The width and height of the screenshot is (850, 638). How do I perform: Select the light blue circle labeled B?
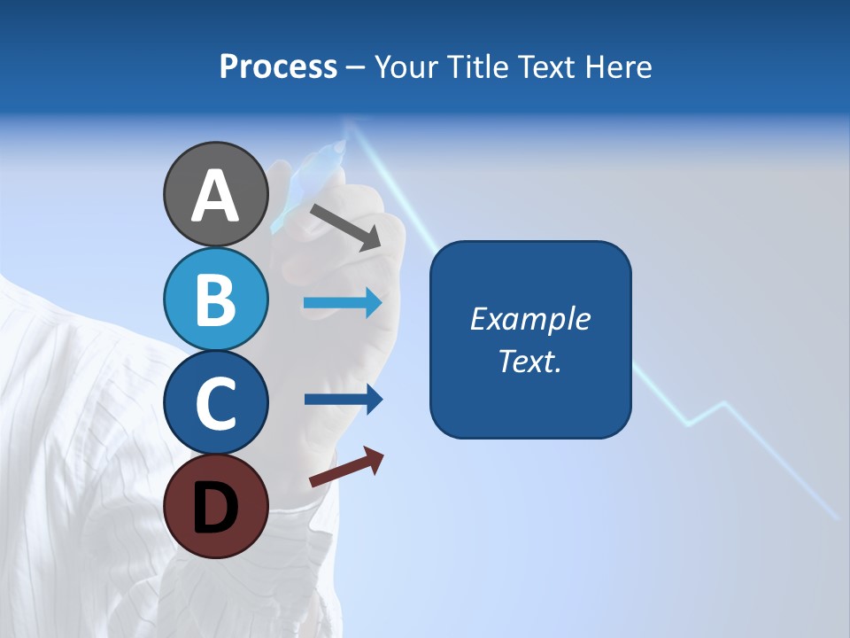pyautogui.click(x=215, y=300)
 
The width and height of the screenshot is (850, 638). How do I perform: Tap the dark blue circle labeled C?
pyautogui.click(x=215, y=403)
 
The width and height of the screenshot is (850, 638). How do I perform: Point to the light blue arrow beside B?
pyautogui.click(x=343, y=303)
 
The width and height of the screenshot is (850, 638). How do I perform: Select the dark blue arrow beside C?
pyautogui.click(x=343, y=400)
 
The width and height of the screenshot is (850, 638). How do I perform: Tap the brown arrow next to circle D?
pyautogui.click(x=346, y=467)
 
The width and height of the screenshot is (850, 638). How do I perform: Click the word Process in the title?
pyautogui.click(x=278, y=67)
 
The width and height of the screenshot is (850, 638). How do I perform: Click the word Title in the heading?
pyautogui.click(x=476, y=67)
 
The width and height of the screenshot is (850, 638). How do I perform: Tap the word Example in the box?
pyautogui.click(x=529, y=319)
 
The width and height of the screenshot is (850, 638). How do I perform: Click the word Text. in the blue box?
pyautogui.click(x=529, y=361)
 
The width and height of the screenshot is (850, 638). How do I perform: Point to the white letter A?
pyautogui.click(x=215, y=195)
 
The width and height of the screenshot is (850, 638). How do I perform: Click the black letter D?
pyautogui.click(x=215, y=507)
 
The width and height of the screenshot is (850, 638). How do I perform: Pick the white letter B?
pyautogui.click(x=215, y=300)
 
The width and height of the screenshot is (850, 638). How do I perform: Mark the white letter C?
pyautogui.click(x=215, y=403)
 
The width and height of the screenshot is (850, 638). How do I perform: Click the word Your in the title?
pyautogui.click(x=406, y=67)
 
